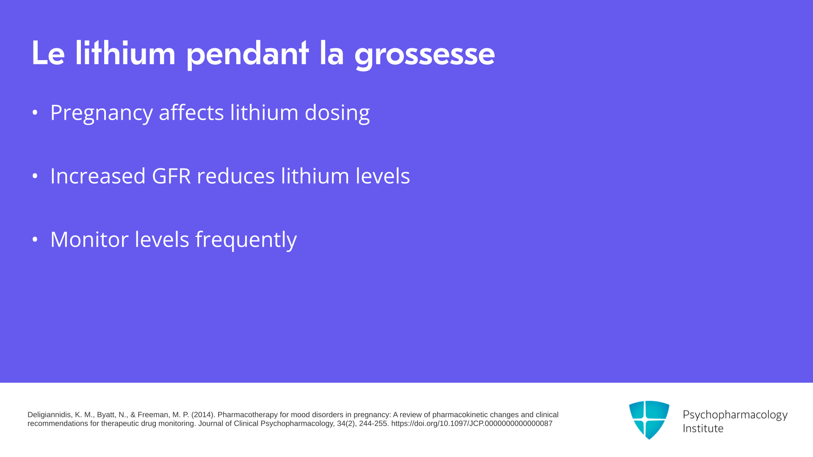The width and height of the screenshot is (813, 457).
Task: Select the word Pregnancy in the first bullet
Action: coord(102,113)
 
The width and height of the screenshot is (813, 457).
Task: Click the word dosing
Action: coord(337,113)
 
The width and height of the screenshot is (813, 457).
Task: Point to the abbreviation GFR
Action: coord(171,176)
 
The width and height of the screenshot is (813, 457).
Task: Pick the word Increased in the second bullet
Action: coord(98,176)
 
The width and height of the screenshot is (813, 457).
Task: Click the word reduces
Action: coord(236,176)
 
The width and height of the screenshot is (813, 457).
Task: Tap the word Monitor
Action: coord(89,240)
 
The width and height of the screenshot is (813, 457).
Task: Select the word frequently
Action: coord(246,240)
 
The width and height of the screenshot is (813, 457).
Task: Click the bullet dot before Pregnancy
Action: coord(35,113)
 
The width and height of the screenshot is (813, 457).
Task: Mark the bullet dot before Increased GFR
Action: coord(35,176)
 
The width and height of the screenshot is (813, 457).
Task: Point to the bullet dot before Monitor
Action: coord(35,240)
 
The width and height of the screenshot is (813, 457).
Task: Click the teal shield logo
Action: coord(649,420)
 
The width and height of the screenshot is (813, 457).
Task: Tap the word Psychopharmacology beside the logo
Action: coord(735,415)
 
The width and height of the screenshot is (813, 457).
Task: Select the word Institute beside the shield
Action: coord(703,429)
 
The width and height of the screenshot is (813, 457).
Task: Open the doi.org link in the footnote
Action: coord(472,424)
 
